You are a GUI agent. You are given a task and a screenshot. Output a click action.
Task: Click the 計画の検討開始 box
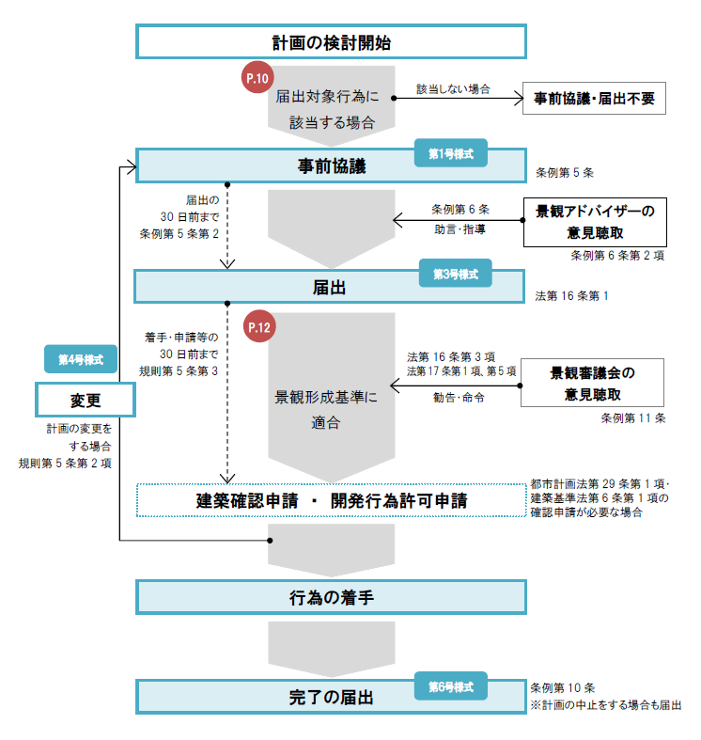pos(331,42)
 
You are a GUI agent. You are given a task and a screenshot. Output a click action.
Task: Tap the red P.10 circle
pos(257,79)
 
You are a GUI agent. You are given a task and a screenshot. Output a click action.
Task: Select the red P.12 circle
pos(257,327)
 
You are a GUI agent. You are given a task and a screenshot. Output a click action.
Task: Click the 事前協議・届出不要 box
pos(594,98)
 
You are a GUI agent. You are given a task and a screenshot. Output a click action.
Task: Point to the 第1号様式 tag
pos(451,152)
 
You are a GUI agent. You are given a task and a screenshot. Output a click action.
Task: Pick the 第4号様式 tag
pos(81,359)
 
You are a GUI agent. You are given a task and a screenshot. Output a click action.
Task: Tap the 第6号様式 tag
pos(451,686)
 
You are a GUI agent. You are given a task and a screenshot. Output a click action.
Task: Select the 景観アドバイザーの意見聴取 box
pos(594,221)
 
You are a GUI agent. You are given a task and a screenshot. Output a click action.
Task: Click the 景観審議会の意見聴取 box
pos(594,383)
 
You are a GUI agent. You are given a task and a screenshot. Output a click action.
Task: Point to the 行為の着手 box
pos(331,597)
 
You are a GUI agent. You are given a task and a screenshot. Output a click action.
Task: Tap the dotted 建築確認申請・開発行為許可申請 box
pos(331,500)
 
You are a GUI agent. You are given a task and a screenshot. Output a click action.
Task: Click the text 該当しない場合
pos(453,88)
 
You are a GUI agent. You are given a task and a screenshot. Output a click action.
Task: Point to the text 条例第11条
pos(633,417)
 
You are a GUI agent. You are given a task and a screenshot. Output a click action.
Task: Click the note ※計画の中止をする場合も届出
pos(606,704)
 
